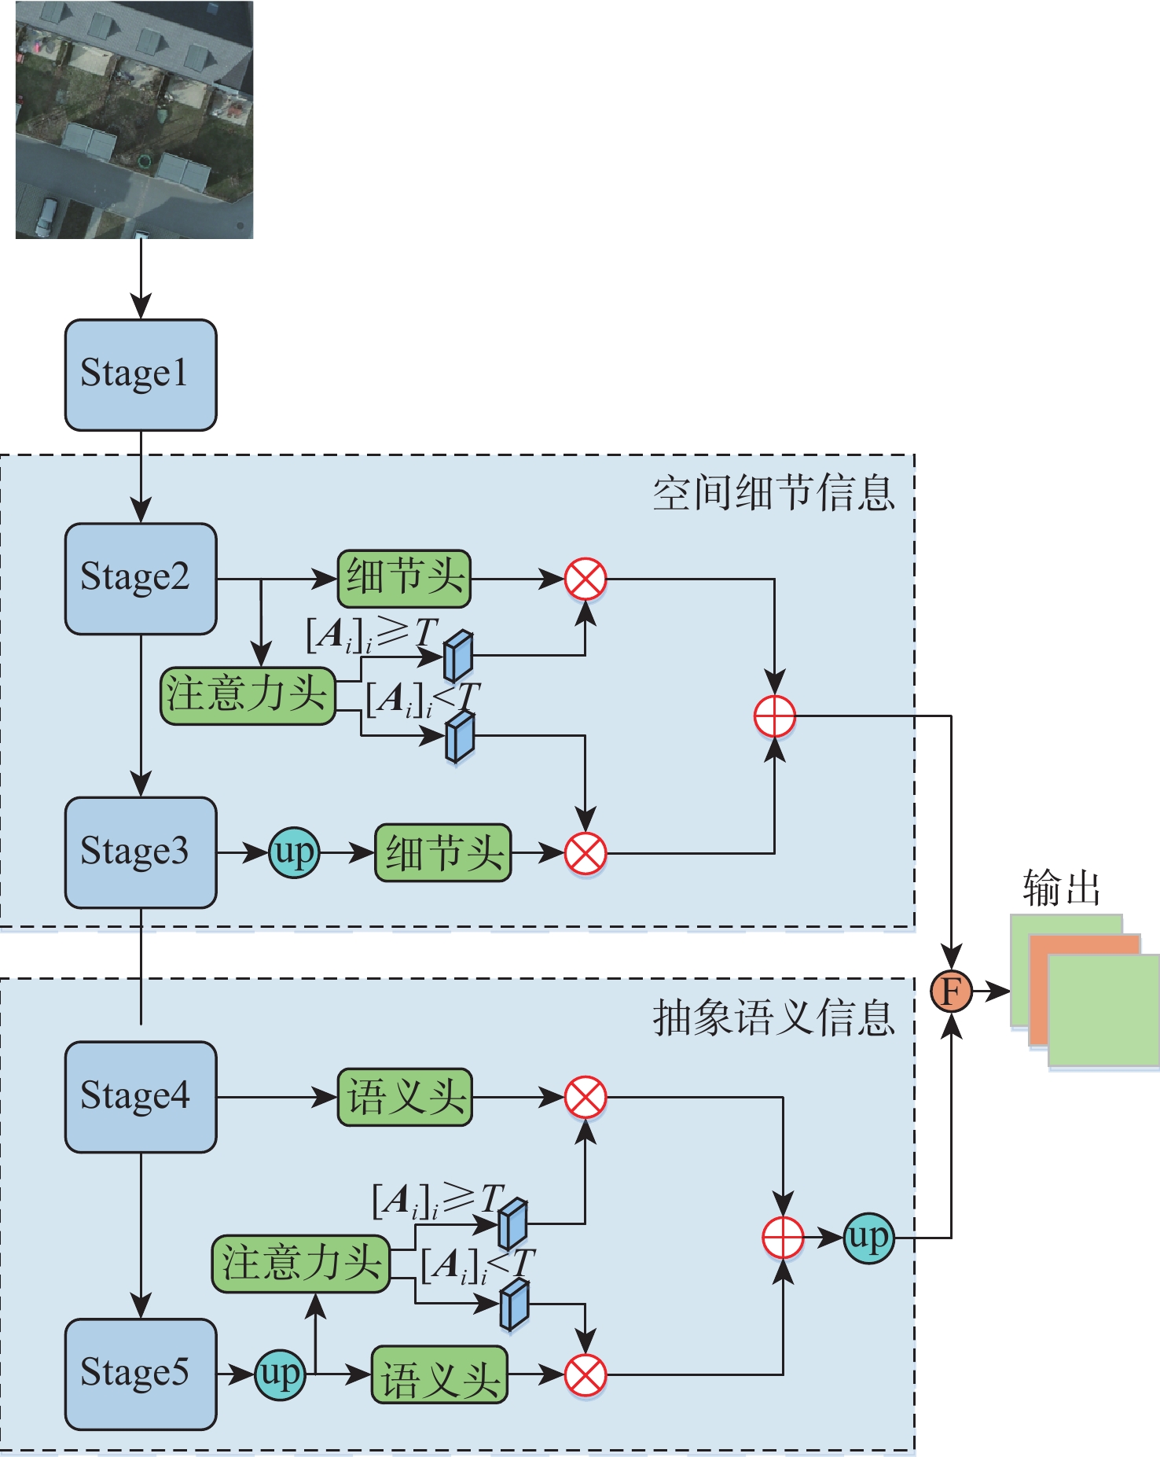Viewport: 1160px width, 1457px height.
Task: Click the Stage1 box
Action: point(140,374)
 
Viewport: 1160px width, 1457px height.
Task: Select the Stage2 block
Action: point(140,578)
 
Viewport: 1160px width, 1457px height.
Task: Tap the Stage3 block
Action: point(140,852)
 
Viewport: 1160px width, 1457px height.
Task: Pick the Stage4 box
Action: point(140,1097)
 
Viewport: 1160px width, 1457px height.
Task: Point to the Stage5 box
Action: point(140,1374)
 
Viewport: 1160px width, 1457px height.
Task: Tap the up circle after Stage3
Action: point(294,852)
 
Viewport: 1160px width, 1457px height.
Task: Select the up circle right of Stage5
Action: point(280,1374)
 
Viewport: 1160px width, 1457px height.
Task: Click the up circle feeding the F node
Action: point(868,1238)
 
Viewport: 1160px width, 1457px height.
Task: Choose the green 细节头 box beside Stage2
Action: point(404,579)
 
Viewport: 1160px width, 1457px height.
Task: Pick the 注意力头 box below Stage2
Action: point(248,696)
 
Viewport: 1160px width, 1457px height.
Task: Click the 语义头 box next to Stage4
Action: point(405,1097)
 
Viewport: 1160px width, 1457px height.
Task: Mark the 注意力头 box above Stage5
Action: point(301,1264)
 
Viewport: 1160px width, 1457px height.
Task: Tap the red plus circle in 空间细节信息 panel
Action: point(774,716)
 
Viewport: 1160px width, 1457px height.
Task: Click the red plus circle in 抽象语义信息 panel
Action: point(783,1238)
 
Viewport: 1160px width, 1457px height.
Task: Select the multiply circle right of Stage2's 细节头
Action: point(586,579)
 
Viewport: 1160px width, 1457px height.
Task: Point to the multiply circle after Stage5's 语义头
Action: point(586,1375)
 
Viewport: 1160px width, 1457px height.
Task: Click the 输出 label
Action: point(1061,888)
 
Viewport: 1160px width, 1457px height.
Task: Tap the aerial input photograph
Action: point(134,120)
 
